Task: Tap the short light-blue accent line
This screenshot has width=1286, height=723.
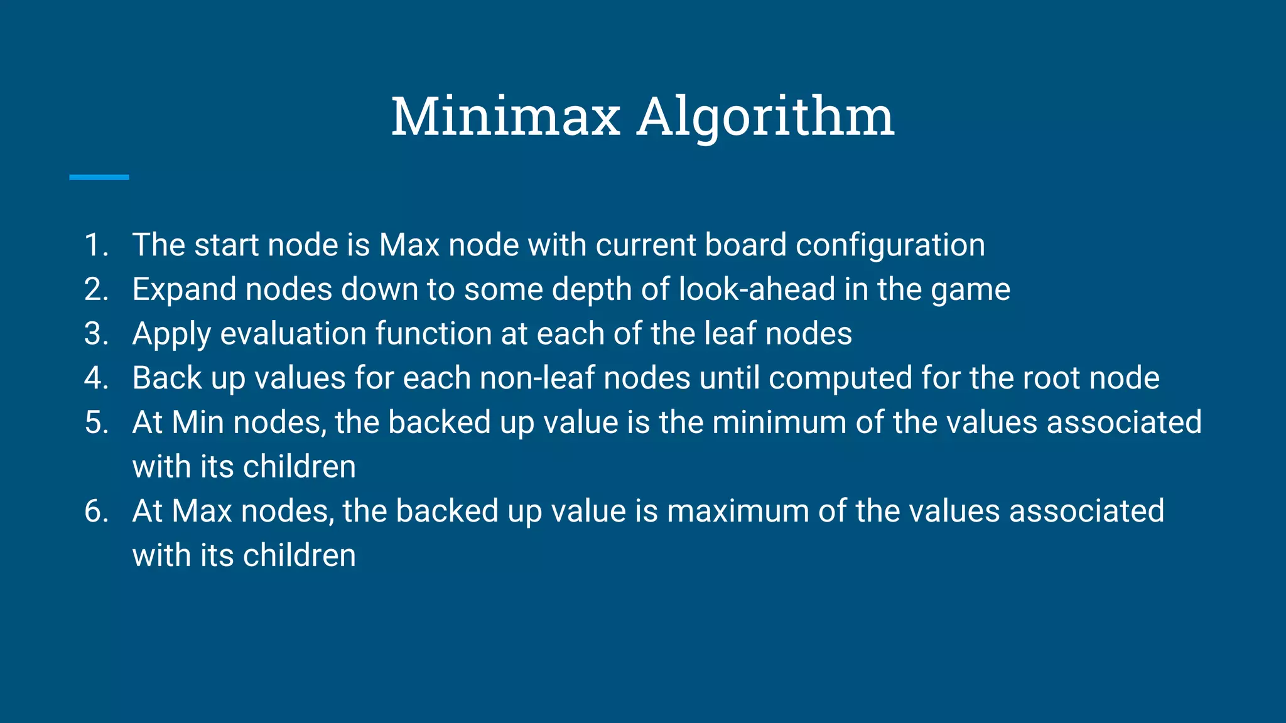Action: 99,178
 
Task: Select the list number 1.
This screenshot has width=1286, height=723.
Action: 96,245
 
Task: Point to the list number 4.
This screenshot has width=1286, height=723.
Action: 96,378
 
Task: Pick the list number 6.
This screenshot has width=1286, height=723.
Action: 96,511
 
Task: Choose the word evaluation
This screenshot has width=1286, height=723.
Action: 293,334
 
